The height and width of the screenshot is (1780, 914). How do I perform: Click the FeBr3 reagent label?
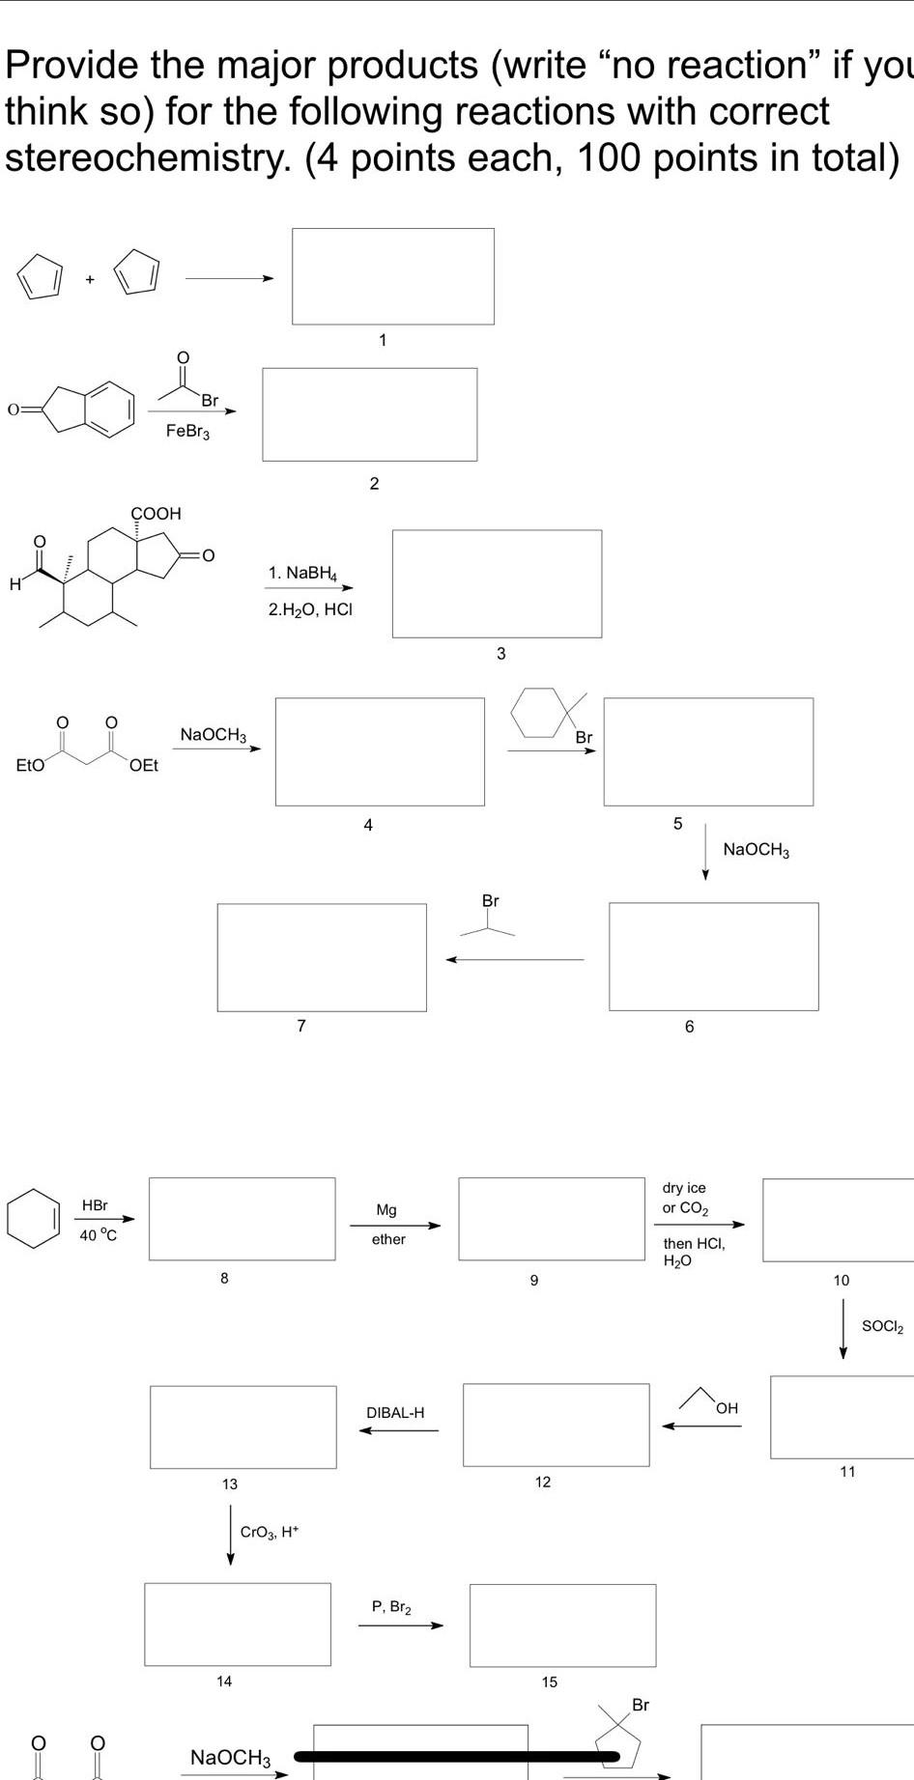(187, 431)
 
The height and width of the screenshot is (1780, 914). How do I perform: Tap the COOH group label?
(157, 513)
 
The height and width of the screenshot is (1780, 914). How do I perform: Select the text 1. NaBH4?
(302, 574)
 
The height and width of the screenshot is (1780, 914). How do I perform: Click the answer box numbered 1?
(393, 276)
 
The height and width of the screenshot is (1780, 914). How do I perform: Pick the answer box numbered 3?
(497, 583)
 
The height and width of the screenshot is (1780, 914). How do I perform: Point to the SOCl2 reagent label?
(882, 1327)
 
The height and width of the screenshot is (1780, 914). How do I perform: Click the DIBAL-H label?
(395, 1412)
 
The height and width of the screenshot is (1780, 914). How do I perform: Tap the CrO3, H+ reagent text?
(270, 1532)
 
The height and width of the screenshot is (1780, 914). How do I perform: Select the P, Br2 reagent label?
(391, 1607)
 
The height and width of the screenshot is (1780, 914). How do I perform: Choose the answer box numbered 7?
(322, 957)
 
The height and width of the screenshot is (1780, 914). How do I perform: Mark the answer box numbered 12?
(556, 1425)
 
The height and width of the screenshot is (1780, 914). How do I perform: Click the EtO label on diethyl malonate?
(30, 765)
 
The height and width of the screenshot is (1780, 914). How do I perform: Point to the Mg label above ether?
(386, 1209)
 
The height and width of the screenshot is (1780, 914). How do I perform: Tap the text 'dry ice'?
(684, 1188)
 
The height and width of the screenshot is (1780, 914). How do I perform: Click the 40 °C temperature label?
(98, 1235)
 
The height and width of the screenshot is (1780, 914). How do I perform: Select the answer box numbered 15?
(562, 1625)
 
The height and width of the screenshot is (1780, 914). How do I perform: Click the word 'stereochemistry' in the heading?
(148, 157)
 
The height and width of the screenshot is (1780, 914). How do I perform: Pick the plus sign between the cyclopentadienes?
(90, 279)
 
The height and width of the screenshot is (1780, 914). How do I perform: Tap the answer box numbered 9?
(551, 1219)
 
